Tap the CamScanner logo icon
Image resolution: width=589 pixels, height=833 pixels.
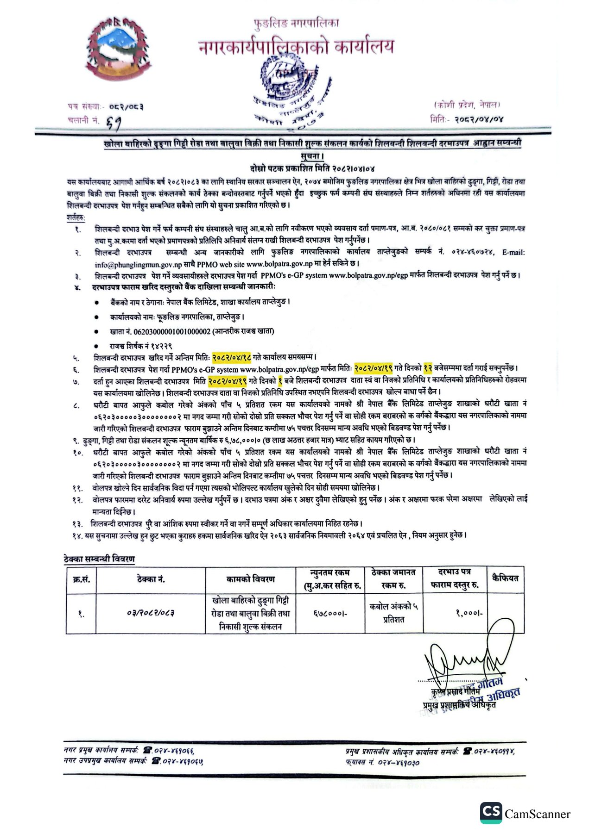click(x=491, y=813)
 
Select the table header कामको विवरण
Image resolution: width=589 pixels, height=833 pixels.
click(x=250, y=579)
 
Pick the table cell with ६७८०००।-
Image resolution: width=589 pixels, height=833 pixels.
click(x=330, y=614)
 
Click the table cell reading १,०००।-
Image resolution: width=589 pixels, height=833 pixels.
click(x=469, y=613)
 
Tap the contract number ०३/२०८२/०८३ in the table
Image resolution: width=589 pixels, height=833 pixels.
click(x=151, y=613)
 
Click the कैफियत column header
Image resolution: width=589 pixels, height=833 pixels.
click(x=505, y=578)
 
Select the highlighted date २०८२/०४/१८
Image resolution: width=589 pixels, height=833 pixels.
click(x=232, y=357)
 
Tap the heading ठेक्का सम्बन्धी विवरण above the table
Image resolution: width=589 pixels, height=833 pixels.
click(x=99, y=559)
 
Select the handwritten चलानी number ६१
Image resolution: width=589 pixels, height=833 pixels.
click(x=114, y=122)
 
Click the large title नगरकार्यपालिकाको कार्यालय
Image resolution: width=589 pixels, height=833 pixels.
click(x=296, y=47)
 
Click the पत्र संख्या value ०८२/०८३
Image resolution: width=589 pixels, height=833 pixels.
click(x=126, y=107)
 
